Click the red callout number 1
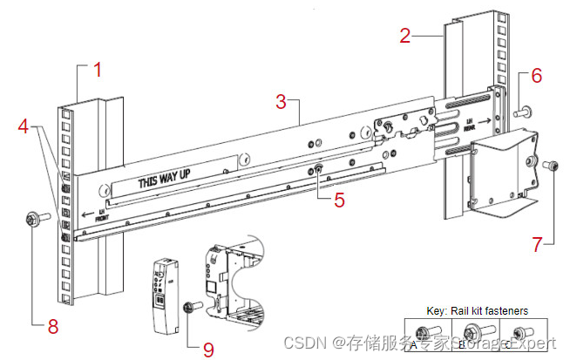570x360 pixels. pyautogui.click(x=98, y=70)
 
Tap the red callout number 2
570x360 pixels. pyautogui.click(x=405, y=36)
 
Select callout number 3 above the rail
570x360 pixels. pyautogui.click(x=281, y=100)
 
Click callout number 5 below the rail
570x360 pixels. pyautogui.click(x=339, y=199)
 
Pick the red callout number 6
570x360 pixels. pyautogui.click(x=536, y=76)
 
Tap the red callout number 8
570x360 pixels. pyautogui.click(x=53, y=327)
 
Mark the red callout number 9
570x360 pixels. pyautogui.click(x=207, y=349)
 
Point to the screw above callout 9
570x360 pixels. pyautogui.click(x=192, y=307)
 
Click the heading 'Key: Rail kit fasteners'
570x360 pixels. pyautogui.click(x=475, y=310)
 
